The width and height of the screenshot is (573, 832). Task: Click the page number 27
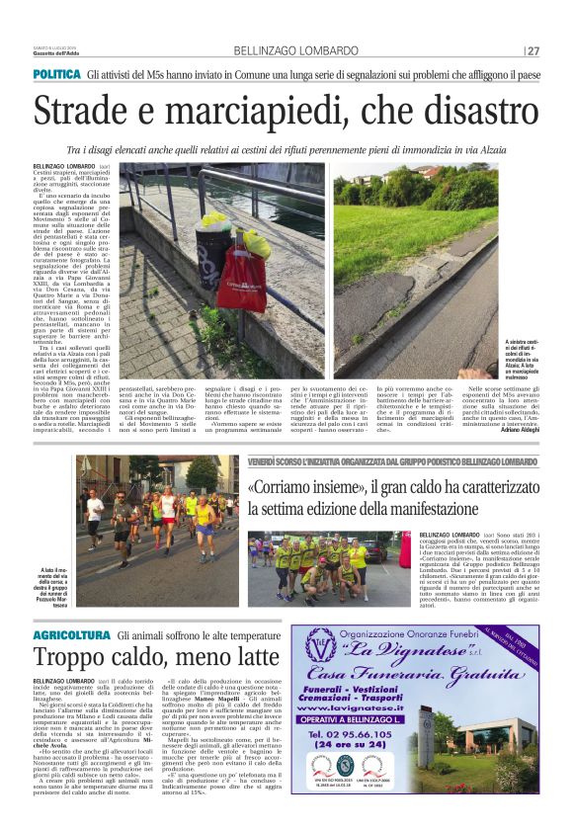[532, 50]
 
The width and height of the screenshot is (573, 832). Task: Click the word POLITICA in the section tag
[56, 75]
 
